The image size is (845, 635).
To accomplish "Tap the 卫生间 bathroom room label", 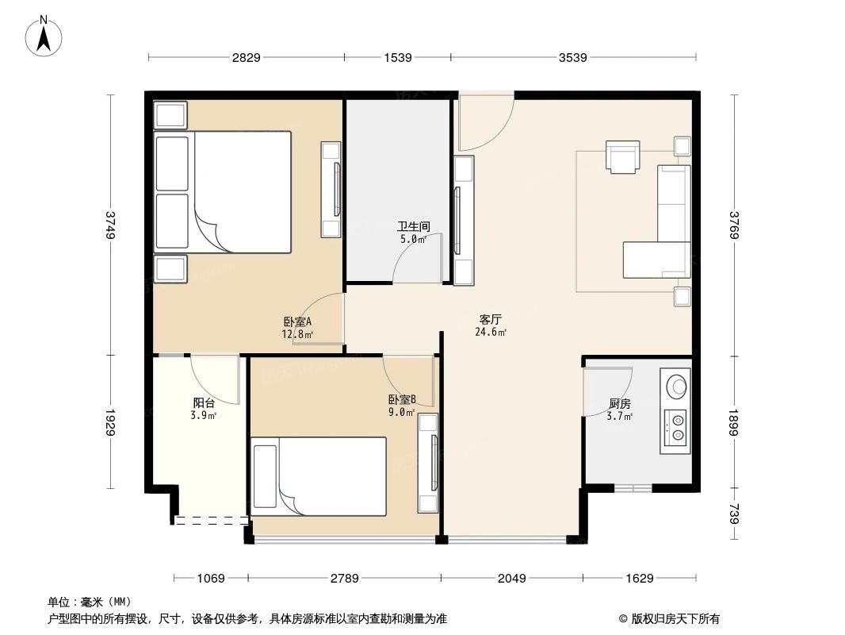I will tap(412, 231).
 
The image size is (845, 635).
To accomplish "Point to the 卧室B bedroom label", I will tap(402, 406).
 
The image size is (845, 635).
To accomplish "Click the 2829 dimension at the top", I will tap(246, 58).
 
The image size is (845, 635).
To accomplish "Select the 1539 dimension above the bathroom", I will tap(398, 58).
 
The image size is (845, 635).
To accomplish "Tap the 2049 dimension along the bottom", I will tap(512, 579).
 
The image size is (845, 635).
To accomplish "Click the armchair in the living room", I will tap(622, 156).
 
